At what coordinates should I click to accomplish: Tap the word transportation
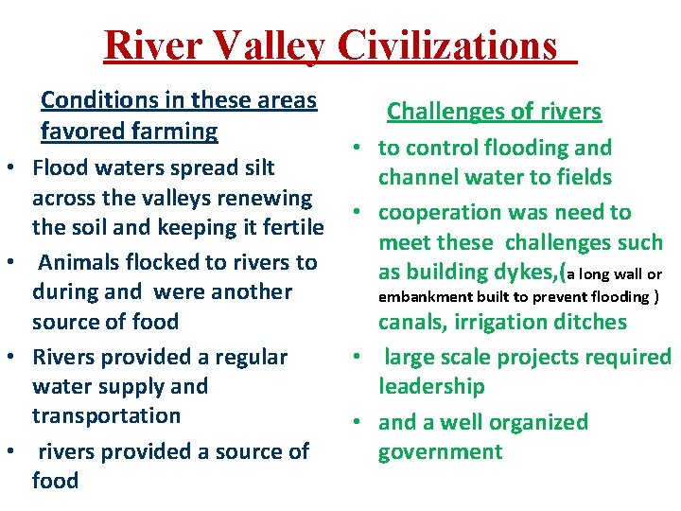(106, 415)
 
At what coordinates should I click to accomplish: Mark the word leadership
(431, 386)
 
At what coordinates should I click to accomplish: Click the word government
(440, 451)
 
